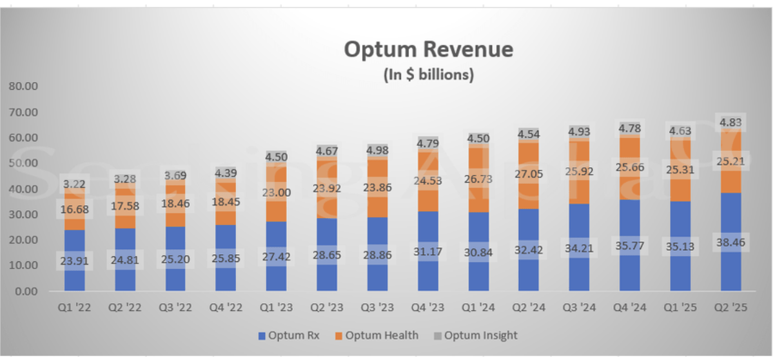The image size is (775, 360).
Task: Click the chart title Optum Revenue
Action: (x=428, y=50)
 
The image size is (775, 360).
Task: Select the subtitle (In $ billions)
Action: (x=429, y=75)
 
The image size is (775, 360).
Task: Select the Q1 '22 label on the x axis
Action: (x=75, y=307)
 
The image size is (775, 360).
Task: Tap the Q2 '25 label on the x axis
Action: (x=731, y=307)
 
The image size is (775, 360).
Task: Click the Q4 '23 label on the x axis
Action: (x=428, y=307)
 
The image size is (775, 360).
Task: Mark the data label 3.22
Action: (x=75, y=184)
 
